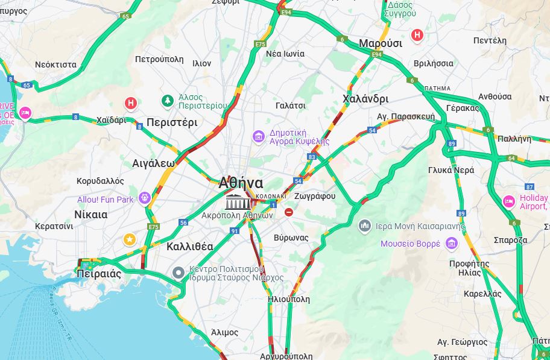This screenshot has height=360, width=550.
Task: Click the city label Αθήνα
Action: pyautogui.click(x=241, y=183)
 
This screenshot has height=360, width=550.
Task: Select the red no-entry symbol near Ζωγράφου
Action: pyautogui.click(x=289, y=212)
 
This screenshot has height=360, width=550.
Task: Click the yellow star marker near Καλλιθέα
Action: pyautogui.click(x=129, y=240)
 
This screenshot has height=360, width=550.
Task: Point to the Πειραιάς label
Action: pyautogui.click(x=99, y=274)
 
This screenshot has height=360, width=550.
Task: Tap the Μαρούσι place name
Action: pyautogui.click(x=380, y=43)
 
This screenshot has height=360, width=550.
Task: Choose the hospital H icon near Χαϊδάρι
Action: pyautogui.click(x=131, y=104)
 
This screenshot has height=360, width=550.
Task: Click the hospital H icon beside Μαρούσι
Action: pyautogui.click(x=417, y=36)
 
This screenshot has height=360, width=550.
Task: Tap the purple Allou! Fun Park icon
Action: pyautogui.click(x=144, y=198)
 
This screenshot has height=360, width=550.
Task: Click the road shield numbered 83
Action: pyautogui.click(x=312, y=157)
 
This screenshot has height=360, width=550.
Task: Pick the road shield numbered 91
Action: pyautogui.click(x=235, y=231)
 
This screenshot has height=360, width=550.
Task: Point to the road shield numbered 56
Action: pyautogui.click(x=183, y=223)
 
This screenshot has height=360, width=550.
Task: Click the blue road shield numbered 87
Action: pyautogui.click(x=530, y=186)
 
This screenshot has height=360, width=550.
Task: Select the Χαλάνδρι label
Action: pyautogui.click(x=365, y=99)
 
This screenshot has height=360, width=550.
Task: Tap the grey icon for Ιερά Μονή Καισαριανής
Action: pyautogui.click(x=364, y=226)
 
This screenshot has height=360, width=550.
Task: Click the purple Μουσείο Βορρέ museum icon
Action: pyautogui.click(x=451, y=244)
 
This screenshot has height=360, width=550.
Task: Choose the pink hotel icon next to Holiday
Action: pyautogui.click(x=509, y=201)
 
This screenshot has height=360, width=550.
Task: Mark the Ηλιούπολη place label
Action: pyautogui.click(x=288, y=299)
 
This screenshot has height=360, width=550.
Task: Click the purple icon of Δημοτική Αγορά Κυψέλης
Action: pyautogui.click(x=259, y=137)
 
